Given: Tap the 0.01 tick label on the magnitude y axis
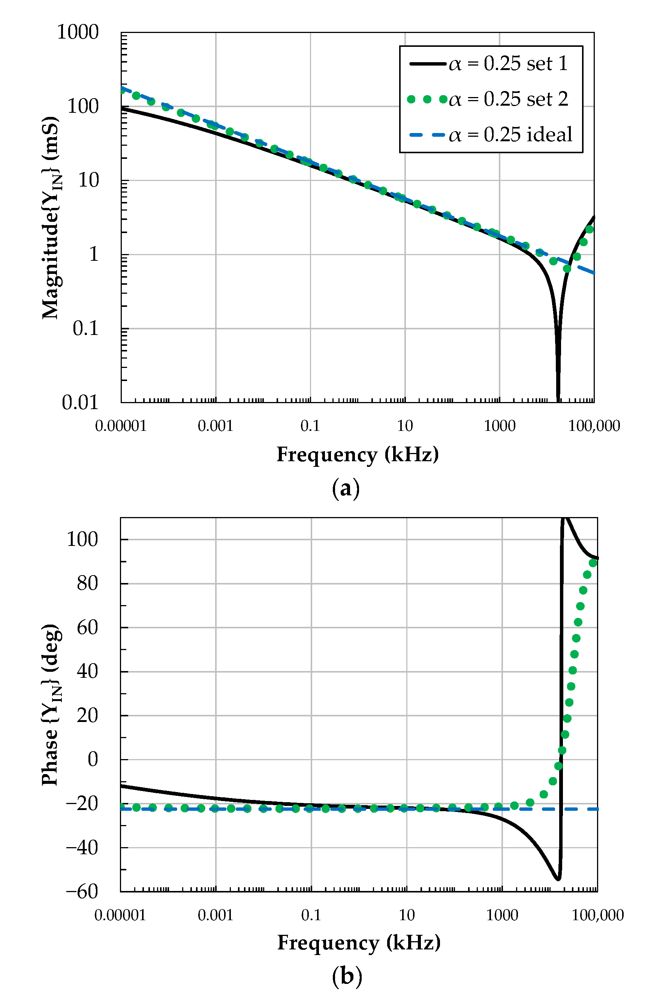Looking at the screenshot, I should tap(80, 402).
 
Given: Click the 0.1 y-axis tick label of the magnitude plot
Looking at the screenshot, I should tap(85, 328).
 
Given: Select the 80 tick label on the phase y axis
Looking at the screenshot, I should tap(87, 584).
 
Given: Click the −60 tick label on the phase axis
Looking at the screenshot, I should tap(82, 891).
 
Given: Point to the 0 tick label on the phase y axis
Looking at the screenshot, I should tap(93, 759).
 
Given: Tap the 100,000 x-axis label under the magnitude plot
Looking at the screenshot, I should tap(594, 426).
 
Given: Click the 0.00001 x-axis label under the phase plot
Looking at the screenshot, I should tap(120, 915).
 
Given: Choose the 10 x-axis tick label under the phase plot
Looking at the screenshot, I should tap(407, 915).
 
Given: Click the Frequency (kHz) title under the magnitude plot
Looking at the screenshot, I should tap(358, 455).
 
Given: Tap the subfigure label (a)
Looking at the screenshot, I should tap(346, 489).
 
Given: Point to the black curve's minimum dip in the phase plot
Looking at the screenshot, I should tap(558, 879).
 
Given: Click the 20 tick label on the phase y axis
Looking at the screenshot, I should tap(87, 716).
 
